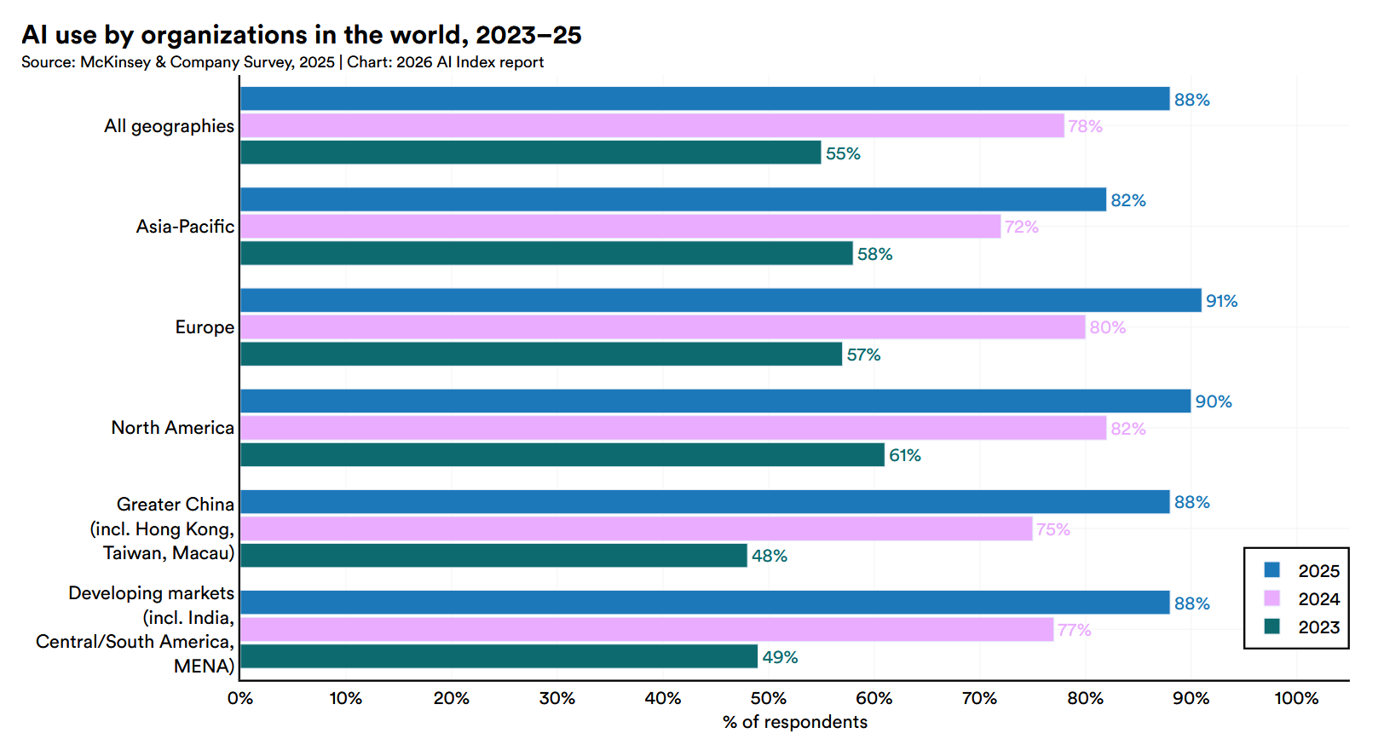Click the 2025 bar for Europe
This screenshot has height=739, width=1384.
[x=720, y=300]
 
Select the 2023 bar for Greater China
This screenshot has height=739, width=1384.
[x=493, y=556]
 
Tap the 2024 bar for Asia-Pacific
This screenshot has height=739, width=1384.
[x=620, y=227]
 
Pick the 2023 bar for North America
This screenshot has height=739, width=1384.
[x=562, y=455]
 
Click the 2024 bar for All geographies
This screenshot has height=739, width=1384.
[x=652, y=126]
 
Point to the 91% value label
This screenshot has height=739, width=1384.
[x=1221, y=301]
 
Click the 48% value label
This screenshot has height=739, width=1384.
[x=769, y=557]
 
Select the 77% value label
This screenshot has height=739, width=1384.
[x=1074, y=630]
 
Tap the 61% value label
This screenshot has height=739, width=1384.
[x=904, y=456]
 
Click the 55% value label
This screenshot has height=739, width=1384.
[x=843, y=154]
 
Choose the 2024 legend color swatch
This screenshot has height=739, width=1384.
[x=1272, y=598]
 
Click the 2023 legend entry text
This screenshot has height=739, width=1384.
[x=1318, y=627]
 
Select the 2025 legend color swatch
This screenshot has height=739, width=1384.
[x=1272, y=570]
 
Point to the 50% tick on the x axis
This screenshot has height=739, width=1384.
[x=768, y=699]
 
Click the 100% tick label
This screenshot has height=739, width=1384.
[x=1295, y=699]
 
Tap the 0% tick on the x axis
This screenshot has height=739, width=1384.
[x=240, y=699]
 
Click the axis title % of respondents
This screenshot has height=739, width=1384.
[x=794, y=722]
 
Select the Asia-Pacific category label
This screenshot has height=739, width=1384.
[x=185, y=227]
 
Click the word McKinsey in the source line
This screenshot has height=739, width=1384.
[x=115, y=62]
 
